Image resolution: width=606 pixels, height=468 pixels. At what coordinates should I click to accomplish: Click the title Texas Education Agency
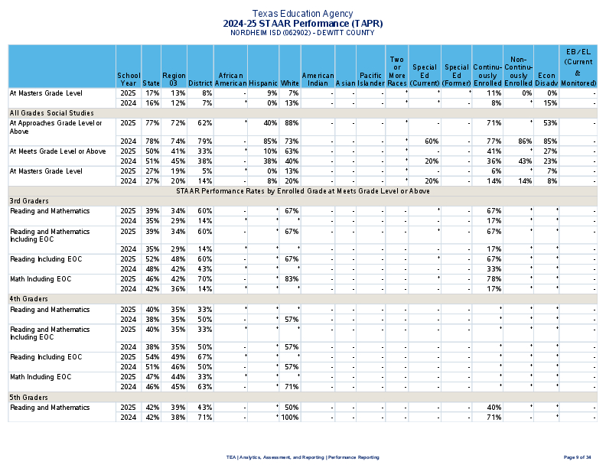coord(303,14)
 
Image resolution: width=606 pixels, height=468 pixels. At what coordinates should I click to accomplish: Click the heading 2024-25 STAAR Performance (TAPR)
coord(303,24)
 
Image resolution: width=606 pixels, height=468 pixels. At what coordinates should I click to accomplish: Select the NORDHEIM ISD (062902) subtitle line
coord(303,33)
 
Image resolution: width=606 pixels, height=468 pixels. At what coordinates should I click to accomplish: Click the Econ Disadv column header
coord(546,79)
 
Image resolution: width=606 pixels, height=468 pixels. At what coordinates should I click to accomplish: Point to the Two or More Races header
coord(396,70)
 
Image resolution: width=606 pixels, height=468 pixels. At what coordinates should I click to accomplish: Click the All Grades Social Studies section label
coord(45,112)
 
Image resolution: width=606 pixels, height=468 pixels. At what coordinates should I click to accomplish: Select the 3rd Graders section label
coord(26,200)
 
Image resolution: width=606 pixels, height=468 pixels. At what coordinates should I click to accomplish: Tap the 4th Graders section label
coord(26,299)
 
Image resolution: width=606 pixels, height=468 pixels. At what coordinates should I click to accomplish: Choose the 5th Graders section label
coord(26,398)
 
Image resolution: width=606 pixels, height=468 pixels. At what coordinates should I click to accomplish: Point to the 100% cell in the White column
coord(288,418)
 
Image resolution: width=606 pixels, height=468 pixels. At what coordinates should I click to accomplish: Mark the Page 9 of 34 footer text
coord(577,457)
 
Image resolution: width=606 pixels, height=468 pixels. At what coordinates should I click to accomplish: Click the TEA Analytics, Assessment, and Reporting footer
coord(303,457)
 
